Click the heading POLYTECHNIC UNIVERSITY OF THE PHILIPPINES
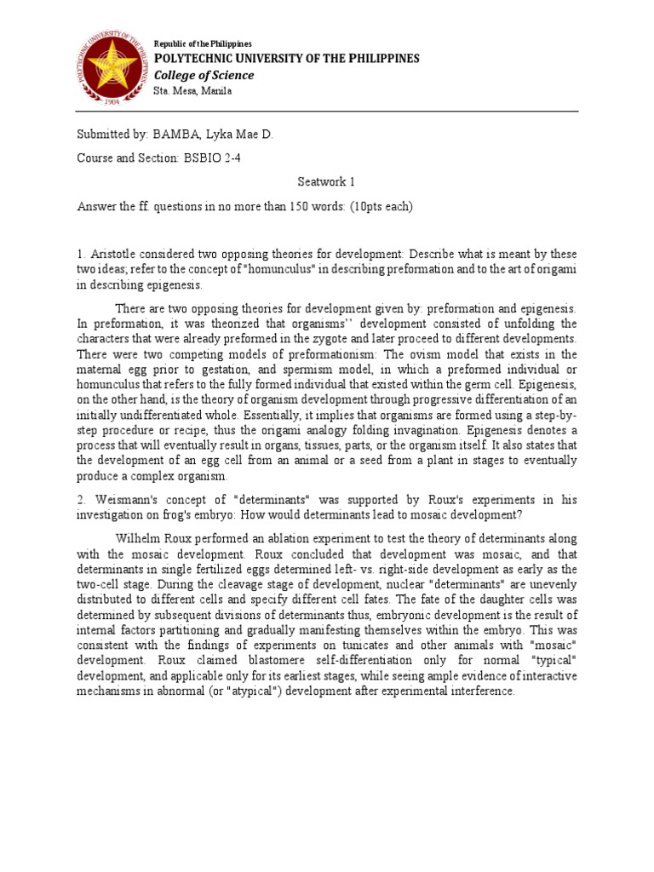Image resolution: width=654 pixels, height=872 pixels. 286,58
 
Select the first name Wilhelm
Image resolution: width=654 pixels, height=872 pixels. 140,538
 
